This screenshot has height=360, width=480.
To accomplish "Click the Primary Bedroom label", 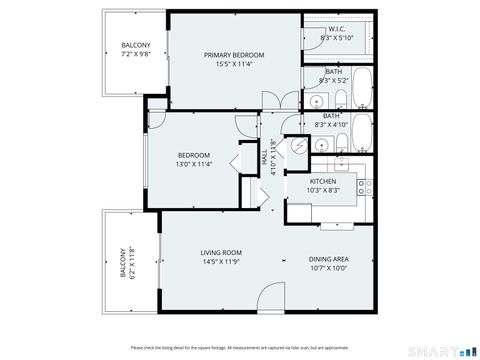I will click(233, 55).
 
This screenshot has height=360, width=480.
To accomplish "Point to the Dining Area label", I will click(327, 259).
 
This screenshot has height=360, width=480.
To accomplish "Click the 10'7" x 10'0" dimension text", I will click(327, 268).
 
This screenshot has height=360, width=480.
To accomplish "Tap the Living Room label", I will click(194, 252).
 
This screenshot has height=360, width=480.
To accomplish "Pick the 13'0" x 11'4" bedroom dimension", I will click(194, 165).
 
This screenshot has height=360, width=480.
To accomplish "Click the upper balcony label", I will click(136, 46).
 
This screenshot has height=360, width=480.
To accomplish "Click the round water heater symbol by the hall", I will click(298, 147).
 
